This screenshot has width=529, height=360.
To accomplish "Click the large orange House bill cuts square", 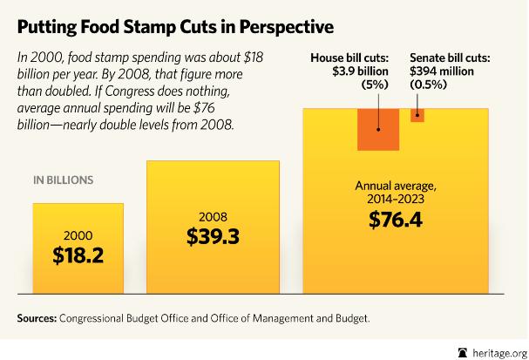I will pyautogui.click(x=377, y=130).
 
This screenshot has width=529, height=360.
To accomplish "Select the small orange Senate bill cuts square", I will pyautogui.click(x=417, y=116).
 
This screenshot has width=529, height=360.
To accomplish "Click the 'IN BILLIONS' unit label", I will pyautogui.click(x=63, y=180).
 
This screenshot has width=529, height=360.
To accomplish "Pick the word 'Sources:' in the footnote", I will pyautogui.click(x=36, y=319).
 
